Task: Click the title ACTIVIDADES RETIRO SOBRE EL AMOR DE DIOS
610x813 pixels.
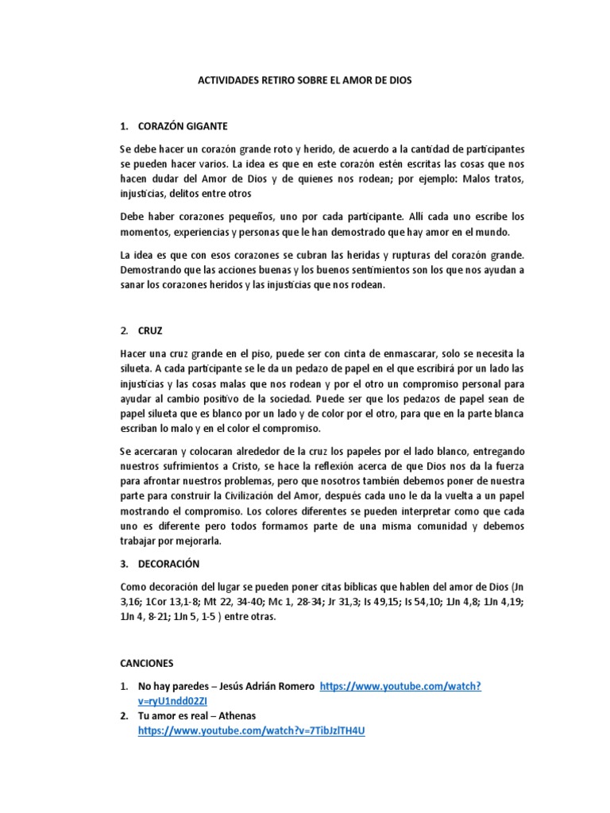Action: point(304,81)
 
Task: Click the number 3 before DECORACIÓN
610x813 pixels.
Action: point(123,564)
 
